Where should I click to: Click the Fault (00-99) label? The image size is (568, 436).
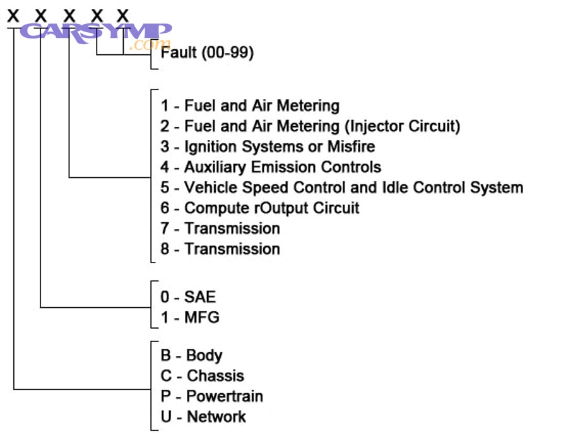208,53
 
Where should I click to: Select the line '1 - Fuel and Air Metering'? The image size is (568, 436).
250,105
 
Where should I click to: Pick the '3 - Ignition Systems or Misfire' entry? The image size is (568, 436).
268,147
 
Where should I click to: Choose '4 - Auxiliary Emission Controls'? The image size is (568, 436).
271,167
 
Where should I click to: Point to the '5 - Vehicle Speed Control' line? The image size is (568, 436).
341,187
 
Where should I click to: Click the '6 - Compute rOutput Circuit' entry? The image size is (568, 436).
259,208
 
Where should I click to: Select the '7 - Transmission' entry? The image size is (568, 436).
220,228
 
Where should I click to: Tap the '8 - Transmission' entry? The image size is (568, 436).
220,249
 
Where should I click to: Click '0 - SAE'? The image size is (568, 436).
188,297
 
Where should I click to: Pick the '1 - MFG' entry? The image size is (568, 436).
190,317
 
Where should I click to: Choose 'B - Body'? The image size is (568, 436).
191,355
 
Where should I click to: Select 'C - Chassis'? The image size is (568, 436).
202,376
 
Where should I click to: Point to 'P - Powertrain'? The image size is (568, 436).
211,396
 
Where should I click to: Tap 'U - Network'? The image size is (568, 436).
203,416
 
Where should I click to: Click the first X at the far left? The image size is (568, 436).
13,15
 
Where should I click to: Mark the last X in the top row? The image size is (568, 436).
123,15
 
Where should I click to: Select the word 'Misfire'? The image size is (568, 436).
351,147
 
